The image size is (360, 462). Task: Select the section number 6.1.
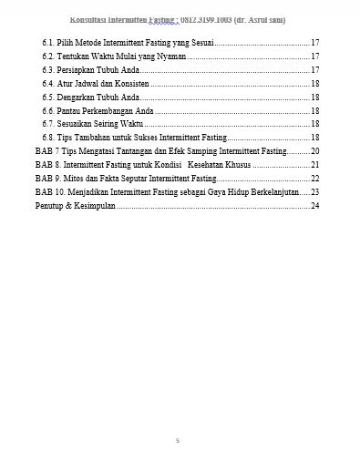[48, 43]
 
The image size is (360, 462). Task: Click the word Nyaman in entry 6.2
[170, 56]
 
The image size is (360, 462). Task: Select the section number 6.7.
[48, 123]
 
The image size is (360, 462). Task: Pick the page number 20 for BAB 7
[315, 150]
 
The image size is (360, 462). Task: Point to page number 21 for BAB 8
[315, 164]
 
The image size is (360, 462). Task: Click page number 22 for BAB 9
[315, 179]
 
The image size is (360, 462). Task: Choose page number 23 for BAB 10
[315, 192]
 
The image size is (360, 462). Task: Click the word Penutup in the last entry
[50, 205]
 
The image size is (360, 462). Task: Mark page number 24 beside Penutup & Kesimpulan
[315, 205]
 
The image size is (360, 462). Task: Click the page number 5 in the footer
[178, 441]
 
